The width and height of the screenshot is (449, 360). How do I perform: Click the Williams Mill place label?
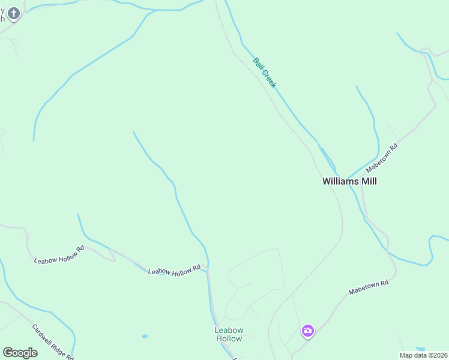(x=349, y=181)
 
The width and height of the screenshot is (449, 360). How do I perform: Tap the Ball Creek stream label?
(x=264, y=73)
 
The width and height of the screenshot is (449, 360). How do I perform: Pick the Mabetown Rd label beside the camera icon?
(x=369, y=287)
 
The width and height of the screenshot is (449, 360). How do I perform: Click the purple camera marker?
(x=308, y=331)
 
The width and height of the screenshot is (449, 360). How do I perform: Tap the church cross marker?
(x=13, y=13)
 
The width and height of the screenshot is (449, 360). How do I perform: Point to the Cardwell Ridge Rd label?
(x=53, y=342)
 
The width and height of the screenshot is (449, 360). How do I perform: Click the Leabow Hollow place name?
(x=229, y=334)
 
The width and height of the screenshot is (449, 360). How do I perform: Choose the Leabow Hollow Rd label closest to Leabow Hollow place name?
(x=174, y=271)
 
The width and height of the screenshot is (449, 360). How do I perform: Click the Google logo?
(x=20, y=353)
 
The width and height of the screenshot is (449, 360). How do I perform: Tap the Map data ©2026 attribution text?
(x=424, y=355)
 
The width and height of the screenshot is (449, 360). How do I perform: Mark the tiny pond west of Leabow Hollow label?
(x=145, y=336)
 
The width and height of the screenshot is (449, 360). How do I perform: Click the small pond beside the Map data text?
(x=420, y=349)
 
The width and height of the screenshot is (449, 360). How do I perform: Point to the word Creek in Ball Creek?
(x=268, y=79)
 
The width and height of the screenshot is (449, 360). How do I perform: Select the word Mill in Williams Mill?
(x=367, y=181)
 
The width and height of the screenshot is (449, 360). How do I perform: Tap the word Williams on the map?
(x=339, y=181)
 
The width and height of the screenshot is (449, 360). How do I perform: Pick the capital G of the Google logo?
(x=8, y=353)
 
